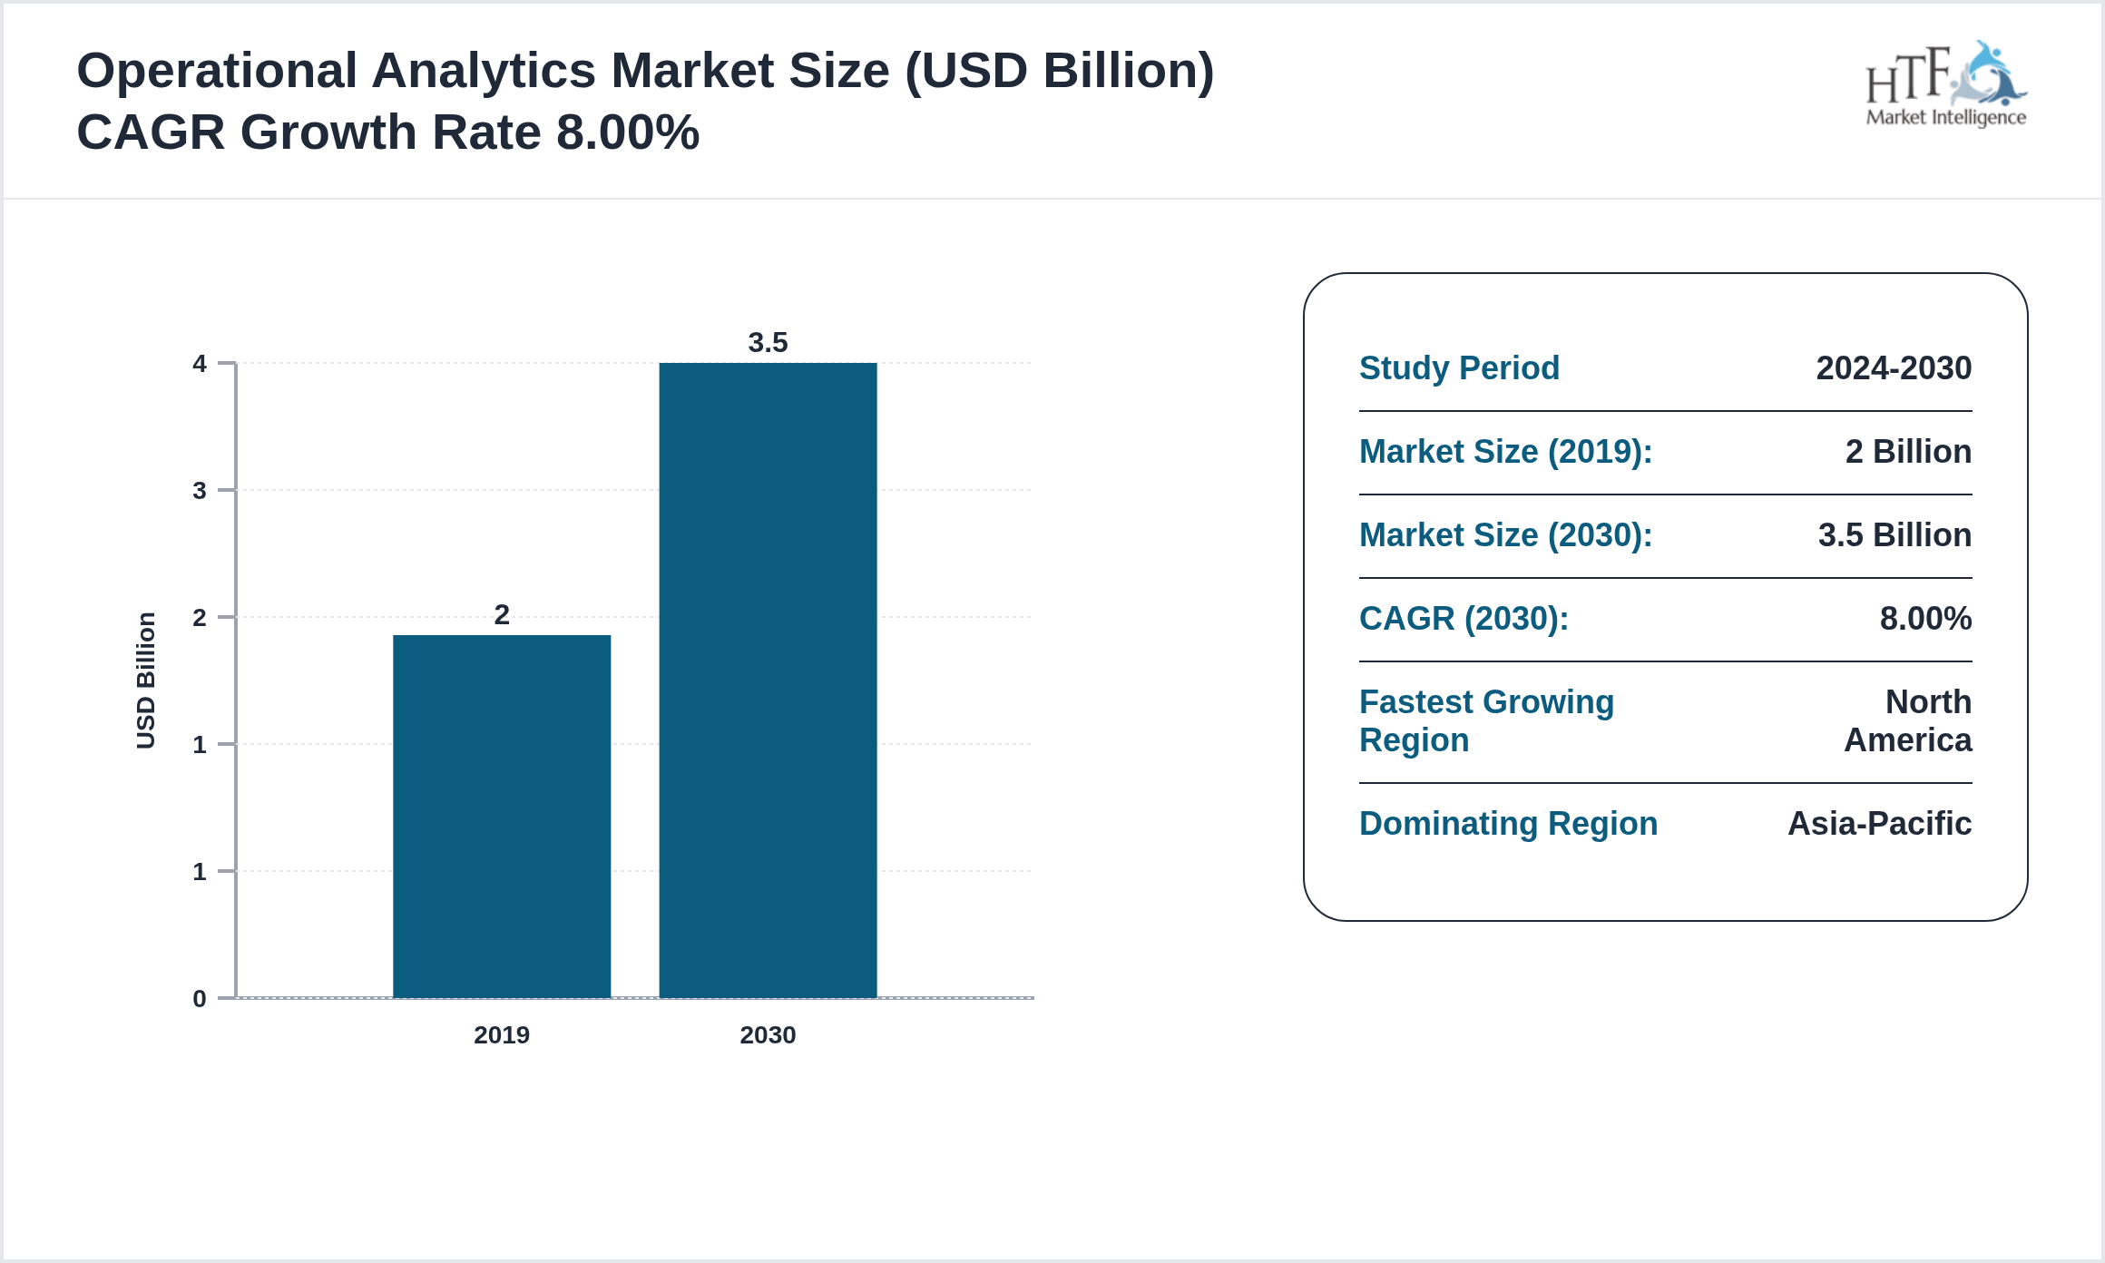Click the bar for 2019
pos(502,817)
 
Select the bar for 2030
pos(768,680)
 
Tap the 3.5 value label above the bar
pos(768,343)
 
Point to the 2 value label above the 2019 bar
pos(502,615)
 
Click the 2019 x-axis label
pos(502,1035)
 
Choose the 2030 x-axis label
pos(768,1035)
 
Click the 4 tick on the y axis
pos(200,364)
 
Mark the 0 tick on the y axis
pos(200,999)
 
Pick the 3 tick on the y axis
pos(200,491)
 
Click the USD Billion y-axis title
pos(146,680)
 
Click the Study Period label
pos(1459,368)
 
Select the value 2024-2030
pos(1894,368)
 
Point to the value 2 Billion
pos(1908,452)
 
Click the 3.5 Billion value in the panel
pos(1894,535)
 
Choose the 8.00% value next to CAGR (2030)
pos(1925,619)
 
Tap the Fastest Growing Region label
pos(1486,721)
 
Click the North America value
pos(1908,721)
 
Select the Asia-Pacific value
pos(1879,824)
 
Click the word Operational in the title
pos(217,71)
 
